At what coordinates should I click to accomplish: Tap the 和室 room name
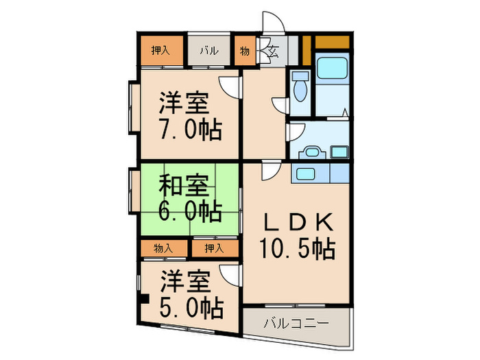click(x=184, y=184)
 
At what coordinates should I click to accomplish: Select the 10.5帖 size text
click(x=297, y=249)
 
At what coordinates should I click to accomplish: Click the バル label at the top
click(x=209, y=51)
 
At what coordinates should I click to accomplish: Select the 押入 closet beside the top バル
click(x=162, y=51)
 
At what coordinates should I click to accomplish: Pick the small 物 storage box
click(x=245, y=51)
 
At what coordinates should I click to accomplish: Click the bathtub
click(x=334, y=70)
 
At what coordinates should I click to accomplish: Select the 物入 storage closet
click(x=163, y=248)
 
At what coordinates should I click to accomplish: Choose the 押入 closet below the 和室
click(x=215, y=248)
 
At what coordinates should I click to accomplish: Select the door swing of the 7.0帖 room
click(x=232, y=88)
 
